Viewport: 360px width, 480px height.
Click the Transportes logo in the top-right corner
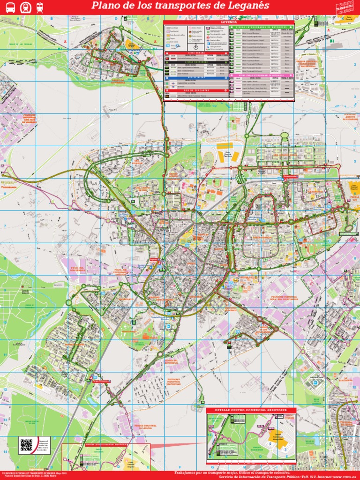tap(346, 7)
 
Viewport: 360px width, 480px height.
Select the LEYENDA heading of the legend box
tap(228, 22)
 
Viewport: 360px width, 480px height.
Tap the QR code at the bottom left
tap(26, 444)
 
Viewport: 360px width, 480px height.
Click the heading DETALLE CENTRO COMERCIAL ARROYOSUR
tap(251, 410)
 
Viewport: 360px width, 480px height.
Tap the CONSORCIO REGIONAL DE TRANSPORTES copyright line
tap(28, 473)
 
